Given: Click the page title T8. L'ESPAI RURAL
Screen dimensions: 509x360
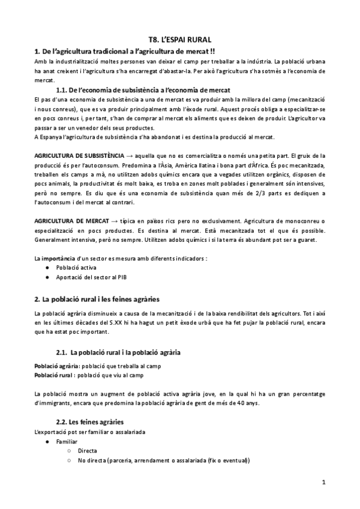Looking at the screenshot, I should (x=179, y=39).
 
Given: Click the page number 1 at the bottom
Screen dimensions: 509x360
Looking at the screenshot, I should (x=323, y=482).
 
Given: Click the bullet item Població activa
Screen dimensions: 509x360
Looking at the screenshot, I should (x=76, y=267).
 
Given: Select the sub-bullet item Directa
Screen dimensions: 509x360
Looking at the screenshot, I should (x=88, y=451).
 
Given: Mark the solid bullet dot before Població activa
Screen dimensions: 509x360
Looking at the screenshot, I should (x=47, y=267).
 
